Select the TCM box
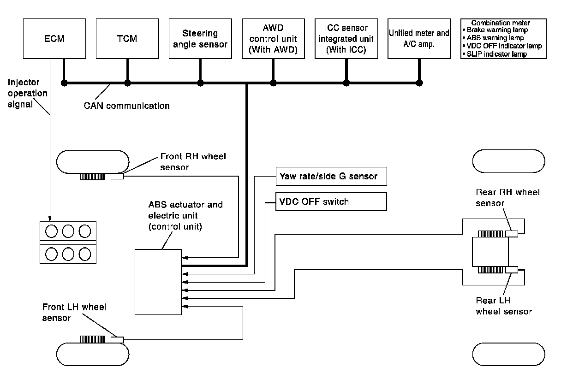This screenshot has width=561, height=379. click(x=126, y=38)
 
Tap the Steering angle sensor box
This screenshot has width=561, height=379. click(x=199, y=38)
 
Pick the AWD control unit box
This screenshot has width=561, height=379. click(x=273, y=38)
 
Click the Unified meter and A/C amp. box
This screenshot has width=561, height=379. click(x=419, y=38)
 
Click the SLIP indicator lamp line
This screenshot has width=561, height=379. click(x=494, y=54)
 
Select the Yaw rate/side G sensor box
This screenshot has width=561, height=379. click(x=330, y=176)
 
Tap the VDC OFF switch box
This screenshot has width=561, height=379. click(x=330, y=201)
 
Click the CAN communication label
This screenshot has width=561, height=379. click(x=126, y=106)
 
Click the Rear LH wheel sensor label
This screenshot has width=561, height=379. click(x=504, y=306)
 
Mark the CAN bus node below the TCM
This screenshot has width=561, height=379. click(x=127, y=83)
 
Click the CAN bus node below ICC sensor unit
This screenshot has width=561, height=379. click(x=346, y=83)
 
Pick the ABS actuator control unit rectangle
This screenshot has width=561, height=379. click(x=158, y=281)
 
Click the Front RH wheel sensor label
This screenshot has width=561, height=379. click(x=193, y=161)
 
